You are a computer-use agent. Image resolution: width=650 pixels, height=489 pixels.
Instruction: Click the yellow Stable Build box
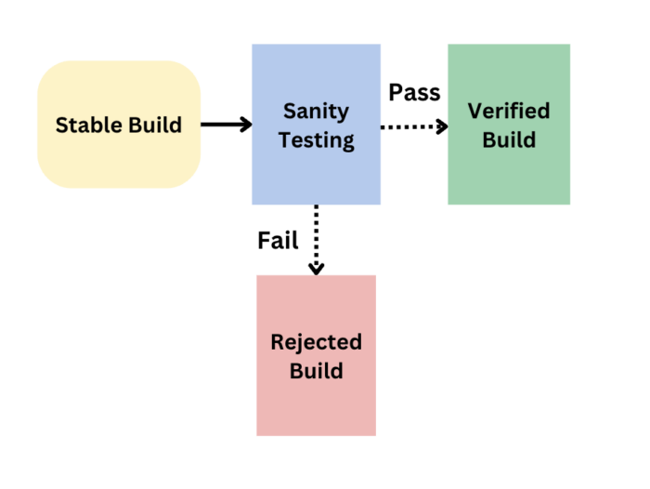pyautogui.click(x=118, y=125)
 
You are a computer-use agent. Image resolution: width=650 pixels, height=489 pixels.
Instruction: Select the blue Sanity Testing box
pyautogui.click(x=316, y=125)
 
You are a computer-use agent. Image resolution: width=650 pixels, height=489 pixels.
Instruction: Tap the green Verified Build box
pyautogui.click(x=508, y=125)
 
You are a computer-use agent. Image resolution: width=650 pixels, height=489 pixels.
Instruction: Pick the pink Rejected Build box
pyautogui.click(x=316, y=355)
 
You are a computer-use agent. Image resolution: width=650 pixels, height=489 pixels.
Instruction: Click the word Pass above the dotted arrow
pyautogui.click(x=414, y=92)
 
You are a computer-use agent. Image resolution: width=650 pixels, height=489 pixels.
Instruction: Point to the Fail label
pyautogui.click(x=278, y=241)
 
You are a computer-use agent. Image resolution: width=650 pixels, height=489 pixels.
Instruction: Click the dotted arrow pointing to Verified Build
pyautogui.click(x=414, y=126)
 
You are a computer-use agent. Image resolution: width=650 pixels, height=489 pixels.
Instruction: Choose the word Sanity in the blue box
pyautogui.click(x=316, y=111)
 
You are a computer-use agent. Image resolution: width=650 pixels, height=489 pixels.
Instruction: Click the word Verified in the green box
pyautogui.click(x=509, y=111)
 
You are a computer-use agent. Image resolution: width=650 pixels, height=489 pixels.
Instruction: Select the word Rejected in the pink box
pyautogui.click(x=316, y=341)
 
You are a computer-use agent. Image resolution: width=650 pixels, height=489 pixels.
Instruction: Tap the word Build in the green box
pyautogui.click(x=509, y=140)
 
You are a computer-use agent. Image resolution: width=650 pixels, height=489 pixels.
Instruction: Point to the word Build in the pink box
pyautogui.click(x=316, y=371)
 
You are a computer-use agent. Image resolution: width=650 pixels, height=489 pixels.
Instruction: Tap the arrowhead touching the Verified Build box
pyautogui.click(x=442, y=126)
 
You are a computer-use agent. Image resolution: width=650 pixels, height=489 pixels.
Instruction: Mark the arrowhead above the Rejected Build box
pyautogui.click(x=317, y=269)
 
